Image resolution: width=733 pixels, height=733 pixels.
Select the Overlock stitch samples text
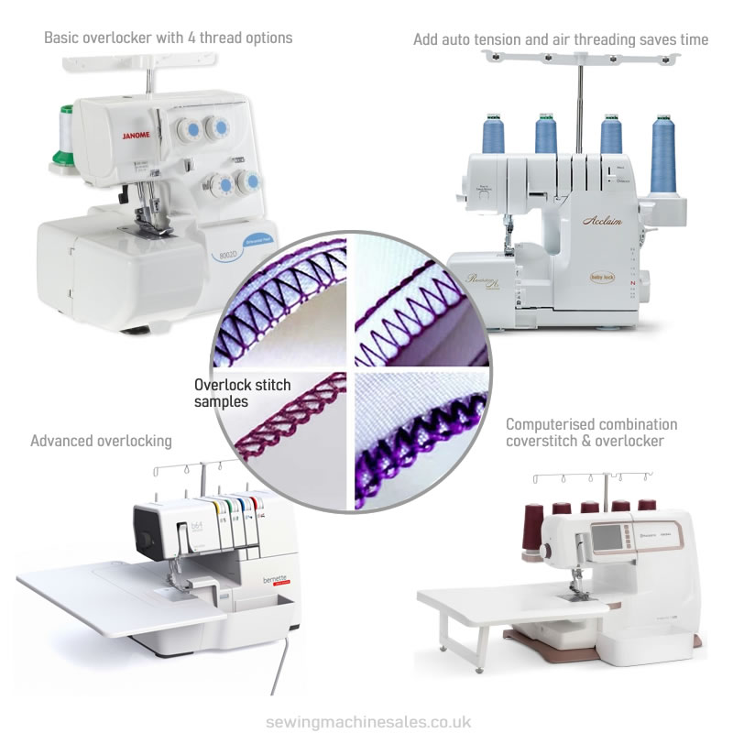(237, 394)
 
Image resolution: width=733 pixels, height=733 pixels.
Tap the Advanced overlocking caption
(101, 441)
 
